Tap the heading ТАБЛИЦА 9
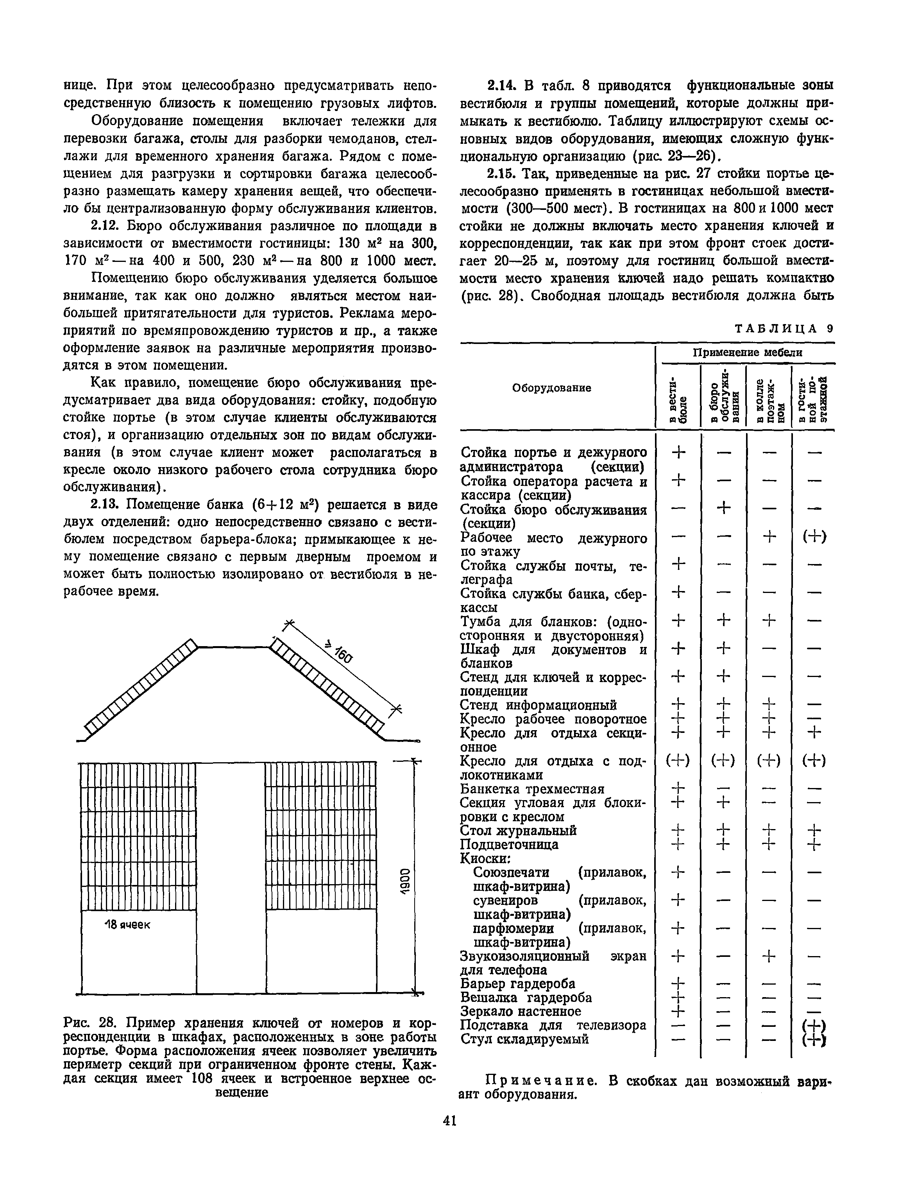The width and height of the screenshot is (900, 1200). tap(784, 329)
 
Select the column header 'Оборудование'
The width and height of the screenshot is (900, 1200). tap(552, 388)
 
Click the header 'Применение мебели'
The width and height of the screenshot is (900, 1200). tap(748, 353)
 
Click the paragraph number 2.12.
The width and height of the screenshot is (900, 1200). tap(105, 226)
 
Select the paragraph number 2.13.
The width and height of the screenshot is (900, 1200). tap(105, 505)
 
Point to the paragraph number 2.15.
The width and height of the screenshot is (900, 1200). tap(501, 174)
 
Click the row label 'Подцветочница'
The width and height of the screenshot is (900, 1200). tap(509, 845)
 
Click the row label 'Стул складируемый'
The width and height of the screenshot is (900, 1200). tap(524, 1039)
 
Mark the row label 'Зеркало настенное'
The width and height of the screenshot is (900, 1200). tap(520, 1011)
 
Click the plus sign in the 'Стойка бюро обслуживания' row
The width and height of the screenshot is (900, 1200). tap(723, 508)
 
